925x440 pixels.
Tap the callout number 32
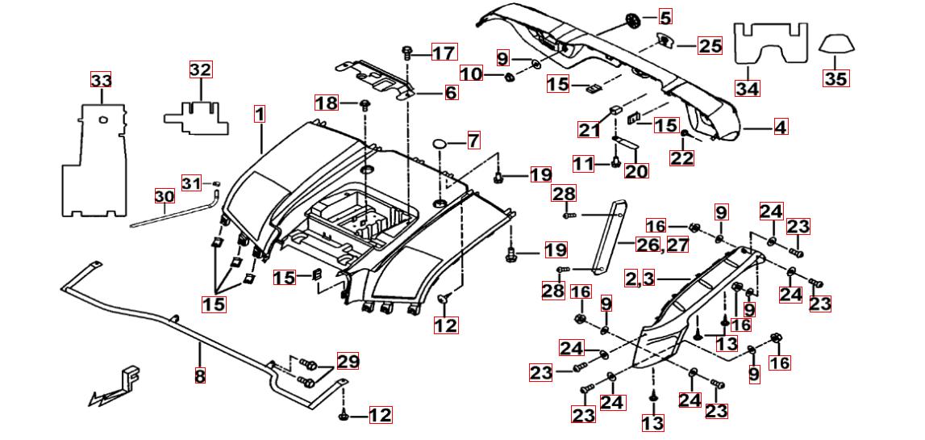click(x=200, y=69)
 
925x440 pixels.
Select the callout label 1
click(x=259, y=114)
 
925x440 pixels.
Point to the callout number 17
click(x=444, y=53)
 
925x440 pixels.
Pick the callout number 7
click(x=473, y=140)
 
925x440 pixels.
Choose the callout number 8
click(x=200, y=375)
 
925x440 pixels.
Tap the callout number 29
click(x=348, y=361)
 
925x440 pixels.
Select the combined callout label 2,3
click(x=644, y=279)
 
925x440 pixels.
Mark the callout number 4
click(x=781, y=127)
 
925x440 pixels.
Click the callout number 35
click(x=835, y=78)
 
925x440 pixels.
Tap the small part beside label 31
click(x=216, y=183)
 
